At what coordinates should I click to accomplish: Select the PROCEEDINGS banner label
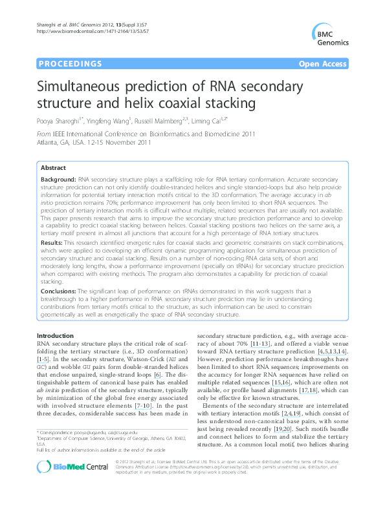[x=71, y=64]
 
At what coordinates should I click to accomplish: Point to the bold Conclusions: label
[x=63, y=291]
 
